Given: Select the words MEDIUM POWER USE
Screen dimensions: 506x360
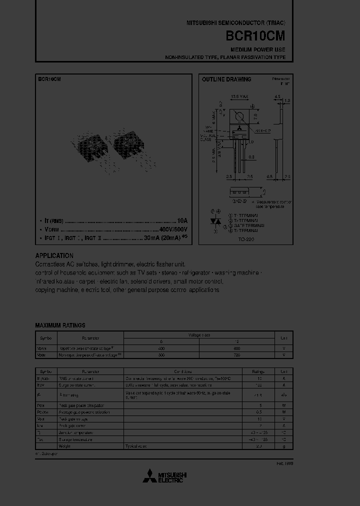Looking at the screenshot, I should pos(258,50).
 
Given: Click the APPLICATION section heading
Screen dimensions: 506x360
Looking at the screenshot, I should pos(54,255).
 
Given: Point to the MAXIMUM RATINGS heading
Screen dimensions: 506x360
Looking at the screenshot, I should pos(60,325).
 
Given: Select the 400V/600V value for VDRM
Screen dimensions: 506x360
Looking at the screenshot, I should pos(173,229).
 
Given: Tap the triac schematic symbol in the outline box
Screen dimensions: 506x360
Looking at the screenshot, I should pos(216,221).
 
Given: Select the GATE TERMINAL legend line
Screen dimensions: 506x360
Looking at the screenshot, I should pos(242,225).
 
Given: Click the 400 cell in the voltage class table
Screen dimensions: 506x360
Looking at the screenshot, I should pos(161,348).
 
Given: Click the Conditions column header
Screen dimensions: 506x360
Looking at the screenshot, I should pos(183,371).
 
